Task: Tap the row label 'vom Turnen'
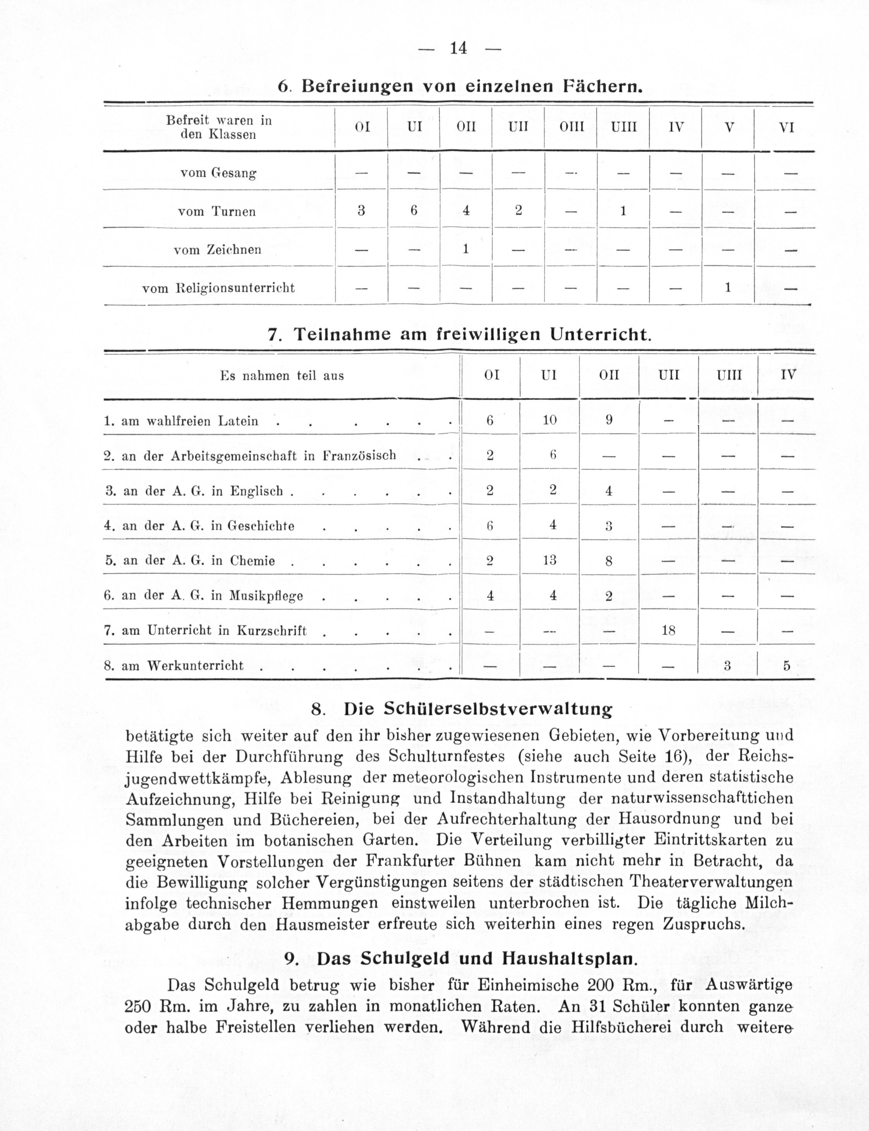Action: (217, 211)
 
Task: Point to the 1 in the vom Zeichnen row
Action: (465, 249)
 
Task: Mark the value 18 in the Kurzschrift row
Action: (668, 630)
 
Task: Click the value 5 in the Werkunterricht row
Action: (787, 666)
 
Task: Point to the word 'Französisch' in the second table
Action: (359, 455)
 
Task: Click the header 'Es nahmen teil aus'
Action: (282, 376)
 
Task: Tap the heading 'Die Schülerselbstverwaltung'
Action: (477, 709)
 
